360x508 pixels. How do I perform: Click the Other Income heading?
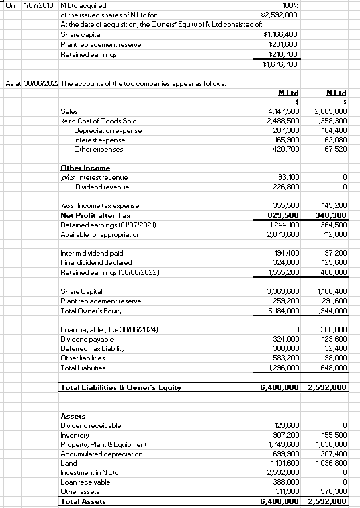click(85, 168)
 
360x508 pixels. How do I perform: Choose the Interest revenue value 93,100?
click(288, 177)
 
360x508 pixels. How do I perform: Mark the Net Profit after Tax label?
click(95, 215)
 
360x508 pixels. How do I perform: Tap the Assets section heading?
click(72, 415)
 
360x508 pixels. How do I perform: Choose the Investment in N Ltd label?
click(89, 472)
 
